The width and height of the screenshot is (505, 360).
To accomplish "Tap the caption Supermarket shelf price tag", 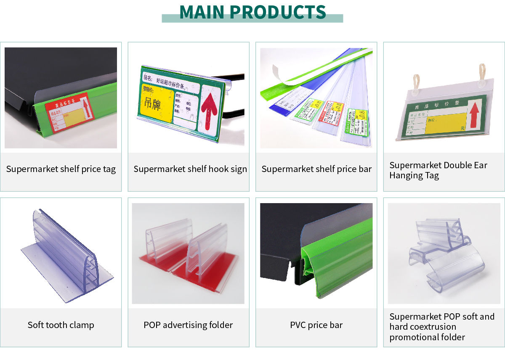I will [61, 169].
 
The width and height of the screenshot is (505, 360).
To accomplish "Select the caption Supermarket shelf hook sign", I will [190, 169].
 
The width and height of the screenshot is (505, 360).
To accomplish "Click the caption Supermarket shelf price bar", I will [316, 169].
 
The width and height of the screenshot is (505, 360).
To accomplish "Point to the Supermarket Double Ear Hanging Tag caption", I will [438, 170].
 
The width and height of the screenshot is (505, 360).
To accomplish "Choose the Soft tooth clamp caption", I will [61, 325].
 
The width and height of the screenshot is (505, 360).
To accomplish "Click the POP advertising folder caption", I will [188, 325].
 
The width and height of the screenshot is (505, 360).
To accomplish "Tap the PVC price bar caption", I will [316, 325].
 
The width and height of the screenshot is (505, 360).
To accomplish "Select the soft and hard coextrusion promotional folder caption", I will [442, 327].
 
